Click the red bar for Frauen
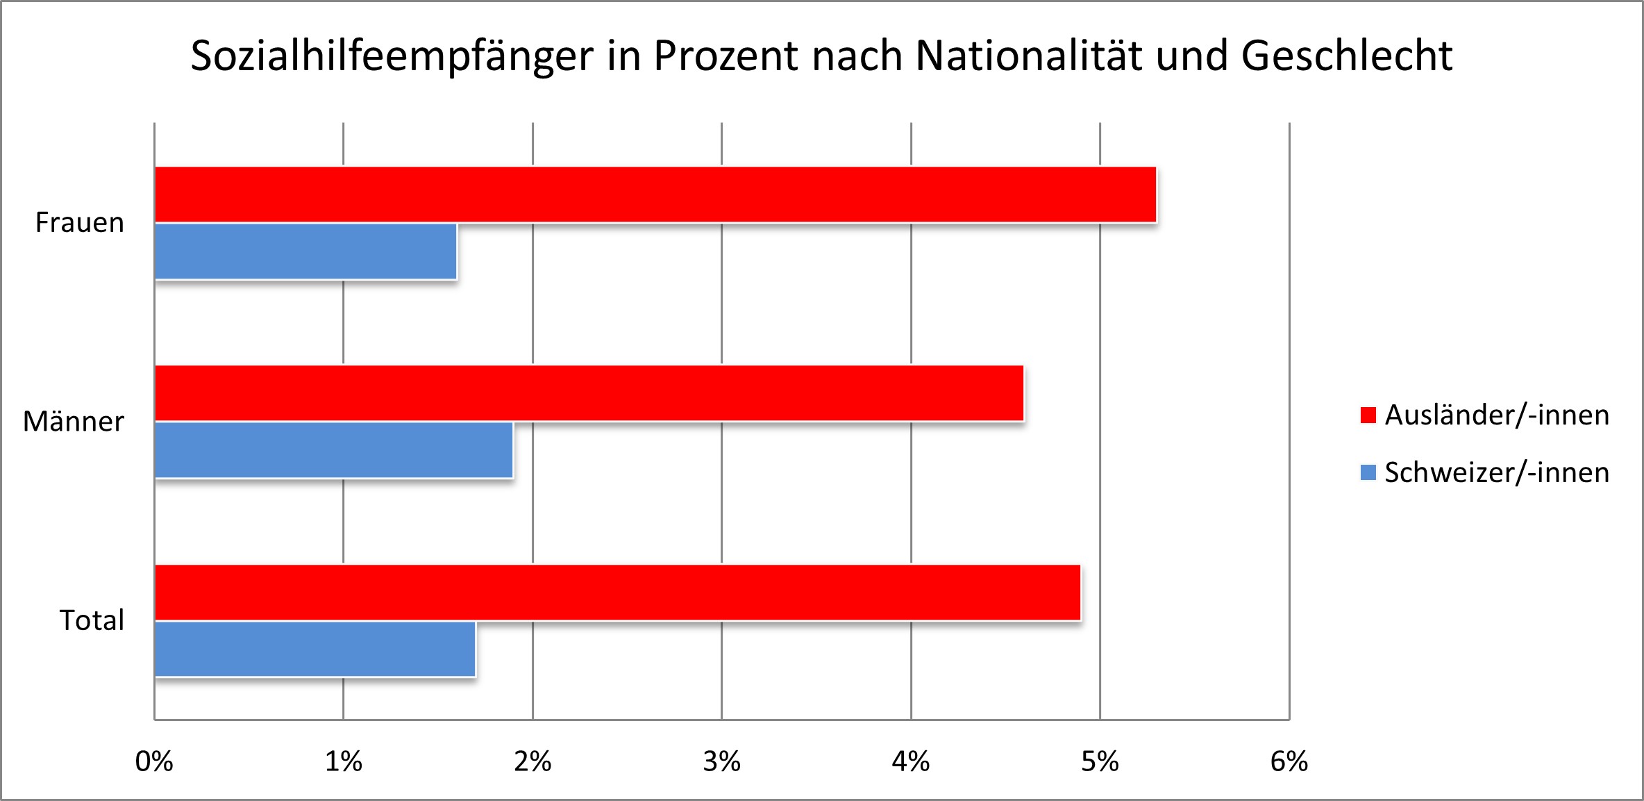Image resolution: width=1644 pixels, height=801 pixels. point(655,195)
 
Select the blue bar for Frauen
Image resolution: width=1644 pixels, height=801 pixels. point(305,251)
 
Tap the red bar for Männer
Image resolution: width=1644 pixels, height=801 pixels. point(589,393)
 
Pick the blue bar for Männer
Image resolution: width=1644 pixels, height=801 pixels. point(333,450)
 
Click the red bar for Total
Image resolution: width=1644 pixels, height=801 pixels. point(617,592)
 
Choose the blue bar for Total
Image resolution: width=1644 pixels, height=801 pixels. point(314,649)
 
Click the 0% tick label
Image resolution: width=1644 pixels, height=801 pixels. point(154,762)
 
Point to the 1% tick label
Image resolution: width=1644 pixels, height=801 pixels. point(344,762)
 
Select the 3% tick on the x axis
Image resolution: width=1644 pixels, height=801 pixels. point(722,762)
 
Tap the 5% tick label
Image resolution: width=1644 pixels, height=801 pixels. point(1100,762)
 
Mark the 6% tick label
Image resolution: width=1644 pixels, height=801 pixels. point(1289,762)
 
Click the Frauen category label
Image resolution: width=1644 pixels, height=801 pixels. point(80,223)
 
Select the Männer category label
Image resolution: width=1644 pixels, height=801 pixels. point(74,422)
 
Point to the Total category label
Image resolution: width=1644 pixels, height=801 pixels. point(92,620)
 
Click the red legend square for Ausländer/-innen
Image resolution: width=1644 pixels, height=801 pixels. point(1368,415)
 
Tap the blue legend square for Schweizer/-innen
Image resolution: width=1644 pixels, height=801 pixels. point(1368,473)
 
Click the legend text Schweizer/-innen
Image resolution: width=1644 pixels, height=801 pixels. point(1497,472)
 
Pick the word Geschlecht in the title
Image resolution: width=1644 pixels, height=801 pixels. point(1347,56)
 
